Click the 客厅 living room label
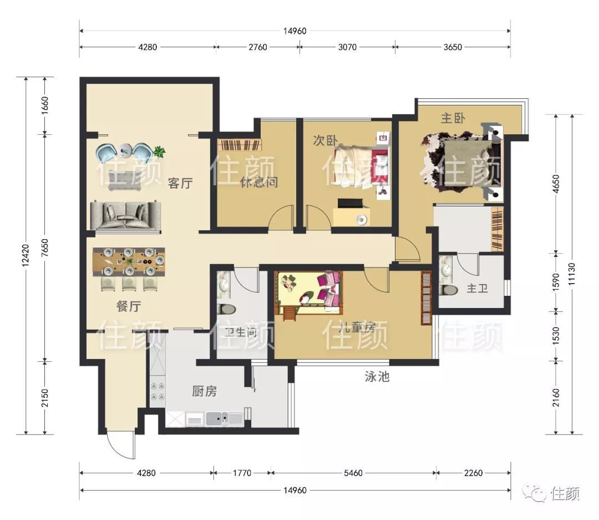pyautogui.click(x=180, y=183)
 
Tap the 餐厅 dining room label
pyautogui.click(x=129, y=306)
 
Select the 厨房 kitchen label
pyautogui.click(x=204, y=391)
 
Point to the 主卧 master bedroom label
pyautogui.click(x=453, y=118)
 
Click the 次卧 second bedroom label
pyautogui.click(x=325, y=140)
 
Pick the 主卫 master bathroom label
pyautogui.click(x=477, y=288)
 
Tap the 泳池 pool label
pyautogui.click(x=377, y=377)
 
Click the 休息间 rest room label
pyautogui.click(x=258, y=182)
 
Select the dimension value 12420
pyautogui.click(x=26, y=255)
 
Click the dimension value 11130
pyautogui.click(x=571, y=274)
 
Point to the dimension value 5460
pyautogui.click(x=353, y=473)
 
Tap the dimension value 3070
pyautogui.click(x=347, y=47)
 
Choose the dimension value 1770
pyautogui.click(x=242, y=473)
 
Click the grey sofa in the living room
pyautogui.click(x=125, y=216)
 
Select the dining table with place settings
pyautogui.click(x=129, y=262)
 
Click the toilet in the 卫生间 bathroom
pyautogui.click(x=226, y=309)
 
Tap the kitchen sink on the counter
pyautogui.click(x=217, y=418)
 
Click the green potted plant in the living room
pyautogui.click(x=159, y=152)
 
